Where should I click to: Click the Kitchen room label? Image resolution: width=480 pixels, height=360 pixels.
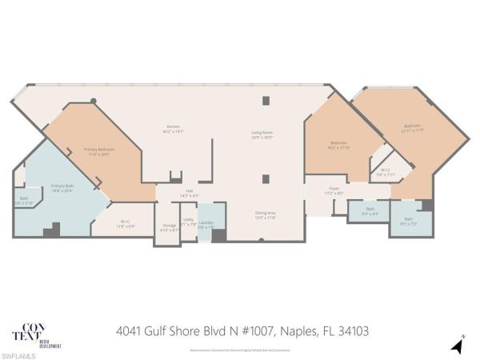click(x=173, y=128)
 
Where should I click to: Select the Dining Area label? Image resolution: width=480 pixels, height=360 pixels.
click(x=266, y=215)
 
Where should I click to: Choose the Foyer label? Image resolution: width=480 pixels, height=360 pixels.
click(x=334, y=192)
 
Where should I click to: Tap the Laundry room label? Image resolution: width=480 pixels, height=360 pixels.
click(x=206, y=225)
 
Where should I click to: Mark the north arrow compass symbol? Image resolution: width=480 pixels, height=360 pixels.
click(x=458, y=344)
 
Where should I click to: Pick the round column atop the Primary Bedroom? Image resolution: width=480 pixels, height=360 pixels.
click(x=94, y=101)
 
